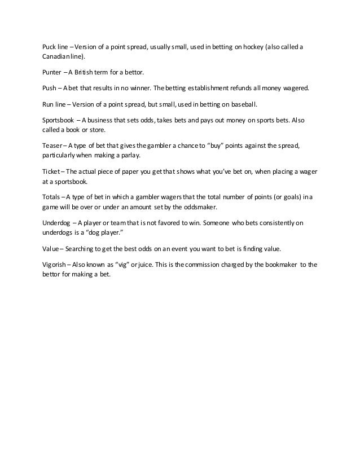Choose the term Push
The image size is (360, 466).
tap(50, 89)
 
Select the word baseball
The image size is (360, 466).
tap(246, 105)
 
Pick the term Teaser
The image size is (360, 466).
tap(52, 146)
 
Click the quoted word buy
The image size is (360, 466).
tap(217, 146)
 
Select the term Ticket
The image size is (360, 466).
tap(51, 172)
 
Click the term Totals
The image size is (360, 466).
tap(51, 198)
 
